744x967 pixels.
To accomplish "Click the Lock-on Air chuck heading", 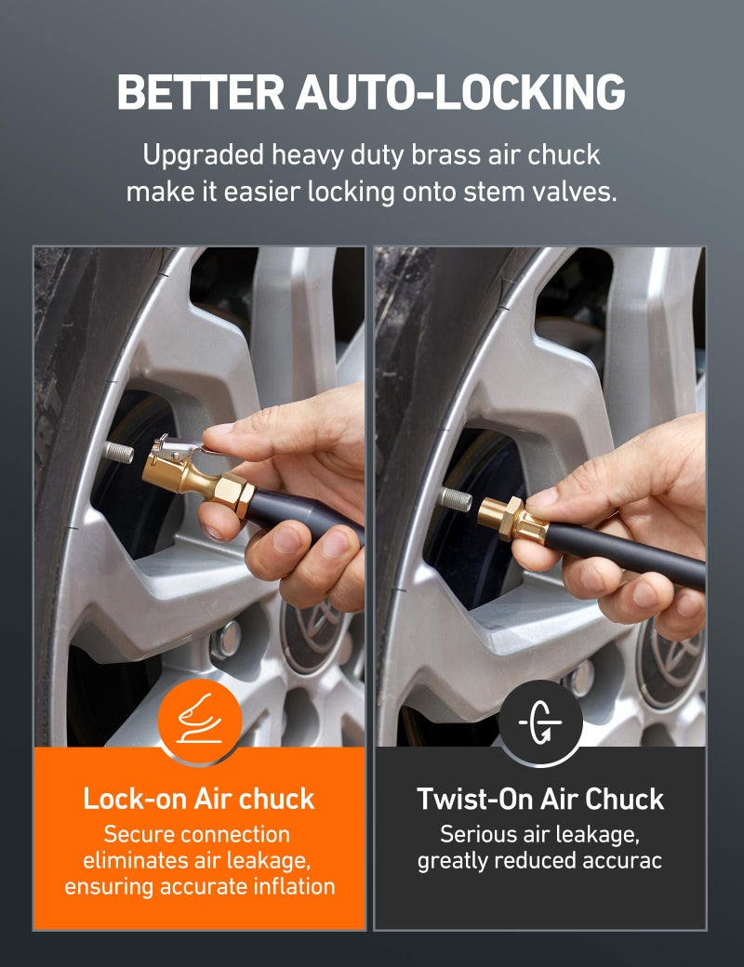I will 199,799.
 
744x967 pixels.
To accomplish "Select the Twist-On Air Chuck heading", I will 540,799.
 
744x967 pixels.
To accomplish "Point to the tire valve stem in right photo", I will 456,498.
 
